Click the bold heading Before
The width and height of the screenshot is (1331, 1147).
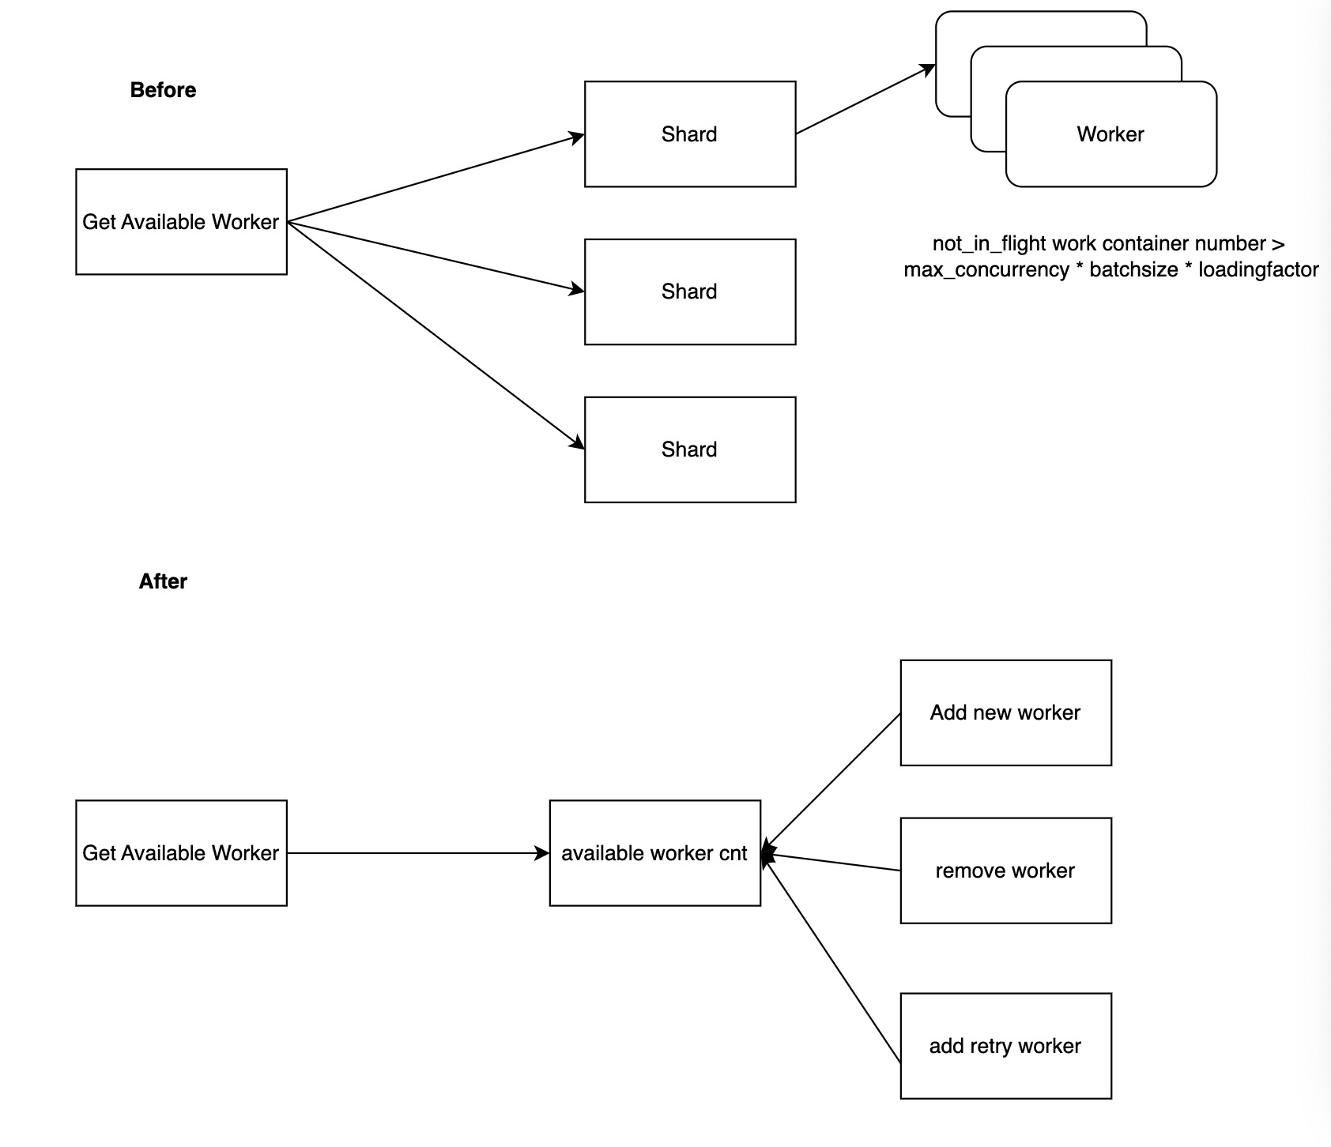tap(163, 90)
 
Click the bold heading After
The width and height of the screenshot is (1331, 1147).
tap(163, 581)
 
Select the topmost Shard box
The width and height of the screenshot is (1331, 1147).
tap(689, 134)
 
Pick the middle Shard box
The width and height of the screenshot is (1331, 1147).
tap(689, 291)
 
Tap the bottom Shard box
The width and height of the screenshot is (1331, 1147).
tap(689, 449)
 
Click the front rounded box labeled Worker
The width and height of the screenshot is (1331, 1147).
tap(1110, 134)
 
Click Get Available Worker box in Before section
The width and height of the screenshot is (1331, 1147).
tap(181, 222)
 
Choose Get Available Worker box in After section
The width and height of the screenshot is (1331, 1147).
tap(181, 853)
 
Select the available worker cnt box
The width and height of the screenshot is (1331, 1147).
tap(654, 853)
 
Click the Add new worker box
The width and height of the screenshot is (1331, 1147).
tap(1005, 713)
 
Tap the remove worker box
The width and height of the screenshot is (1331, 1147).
tap(1005, 871)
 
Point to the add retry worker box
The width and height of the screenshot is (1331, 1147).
tap(1005, 1046)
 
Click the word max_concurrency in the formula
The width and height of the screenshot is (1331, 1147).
tap(986, 270)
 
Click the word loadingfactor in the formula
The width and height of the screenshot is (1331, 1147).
tap(1258, 270)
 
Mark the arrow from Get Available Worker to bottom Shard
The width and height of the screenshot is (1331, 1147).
tap(435, 335)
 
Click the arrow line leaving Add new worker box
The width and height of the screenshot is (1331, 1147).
tap(834, 780)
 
